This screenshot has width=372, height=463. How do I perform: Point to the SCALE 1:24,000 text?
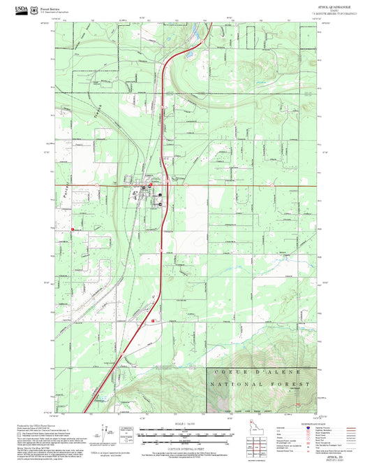(x=186, y=424)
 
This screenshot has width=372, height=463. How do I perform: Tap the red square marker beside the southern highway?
(x=153, y=321)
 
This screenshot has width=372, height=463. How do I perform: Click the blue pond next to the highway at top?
(x=188, y=52)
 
